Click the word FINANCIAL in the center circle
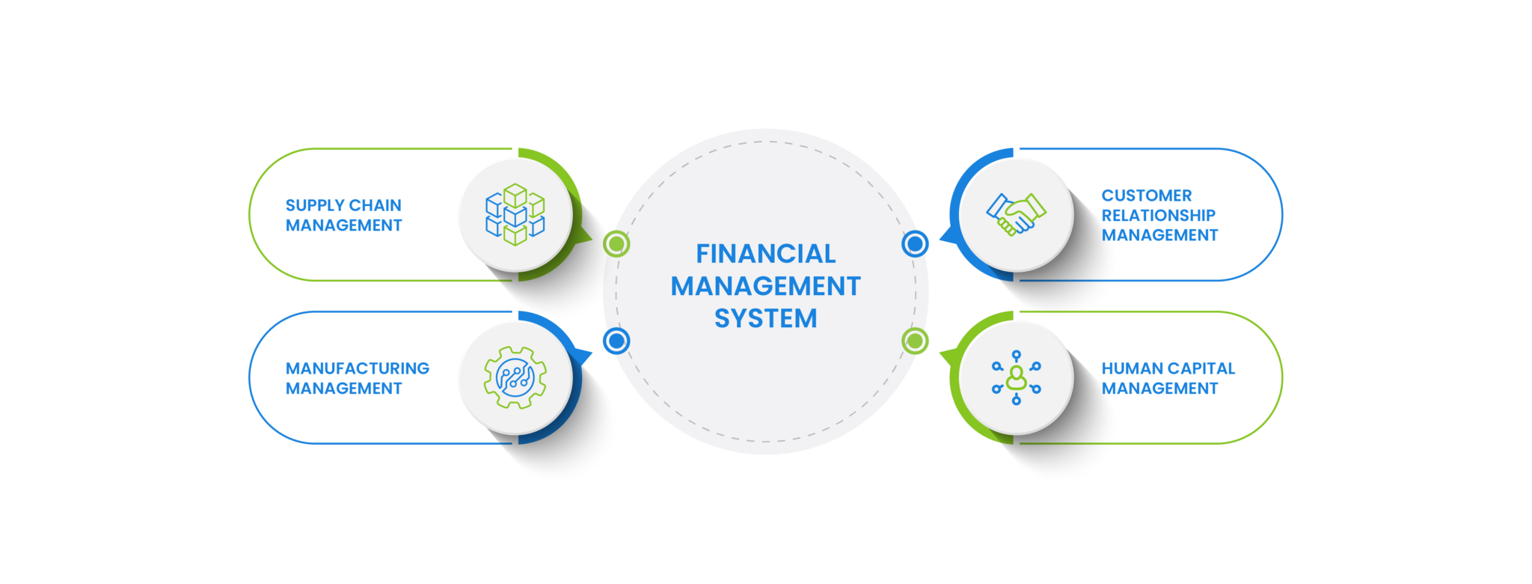765,254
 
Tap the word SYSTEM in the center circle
765,318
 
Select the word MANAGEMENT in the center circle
765,286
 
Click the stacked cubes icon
515,215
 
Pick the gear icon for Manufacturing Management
515,377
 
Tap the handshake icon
1016,215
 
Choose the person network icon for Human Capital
1016,377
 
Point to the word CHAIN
376,205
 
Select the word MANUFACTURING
357,368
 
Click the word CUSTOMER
1146,195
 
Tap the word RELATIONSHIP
1158,216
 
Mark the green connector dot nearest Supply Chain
616,244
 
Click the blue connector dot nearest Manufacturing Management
616,341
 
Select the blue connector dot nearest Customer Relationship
915,244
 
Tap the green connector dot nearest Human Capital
915,341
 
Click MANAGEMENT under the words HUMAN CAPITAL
1159,389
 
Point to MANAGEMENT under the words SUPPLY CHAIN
343,225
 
